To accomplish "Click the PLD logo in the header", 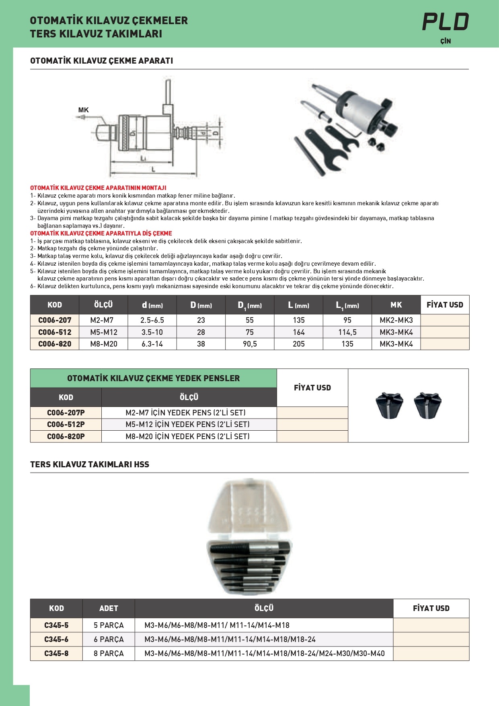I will pyautogui.click(x=445, y=22).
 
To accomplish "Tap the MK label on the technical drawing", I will pyautogui.click(x=83, y=110).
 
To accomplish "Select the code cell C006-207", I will pyautogui.click(x=55, y=320).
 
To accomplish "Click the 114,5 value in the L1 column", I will pyautogui.click(x=347, y=332).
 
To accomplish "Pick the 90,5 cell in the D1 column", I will pyautogui.click(x=250, y=344).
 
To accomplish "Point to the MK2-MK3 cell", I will pyautogui.click(x=396, y=320).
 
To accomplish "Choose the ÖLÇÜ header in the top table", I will pyautogui.click(x=103, y=305).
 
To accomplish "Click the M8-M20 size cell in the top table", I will pyautogui.click(x=103, y=344).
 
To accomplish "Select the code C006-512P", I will pyautogui.click(x=66, y=425).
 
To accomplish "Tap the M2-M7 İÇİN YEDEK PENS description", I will pyautogui.click(x=185, y=413).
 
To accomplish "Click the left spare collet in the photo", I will pyautogui.click(x=389, y=405).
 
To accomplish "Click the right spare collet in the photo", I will pyautogui.click(x=427, y=405).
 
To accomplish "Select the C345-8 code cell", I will pyautogui.click(x=56, y=653).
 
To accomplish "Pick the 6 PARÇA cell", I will pyautogui.click(x=109, y=639).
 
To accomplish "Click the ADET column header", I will pyautogui.click(x=109, y=608).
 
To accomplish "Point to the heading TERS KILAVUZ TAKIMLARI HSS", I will pyautogui.click(x=90, y=464).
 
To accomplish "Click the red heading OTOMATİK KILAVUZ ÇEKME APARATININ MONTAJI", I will pyautogui.click(x=98, y=188).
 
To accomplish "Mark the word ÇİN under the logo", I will pyautogui.click(x=446, y=41).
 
